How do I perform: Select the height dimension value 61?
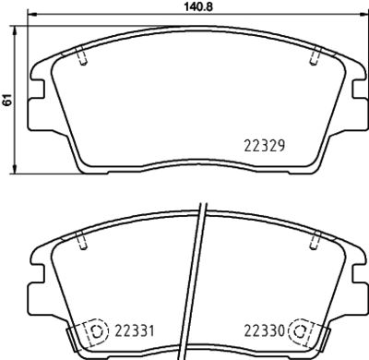(x=6, y=102)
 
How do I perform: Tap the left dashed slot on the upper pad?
(x=83, y=57)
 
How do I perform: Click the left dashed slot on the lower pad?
(x=83, y=242)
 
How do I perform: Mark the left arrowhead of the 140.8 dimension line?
(x=32, y=15)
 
